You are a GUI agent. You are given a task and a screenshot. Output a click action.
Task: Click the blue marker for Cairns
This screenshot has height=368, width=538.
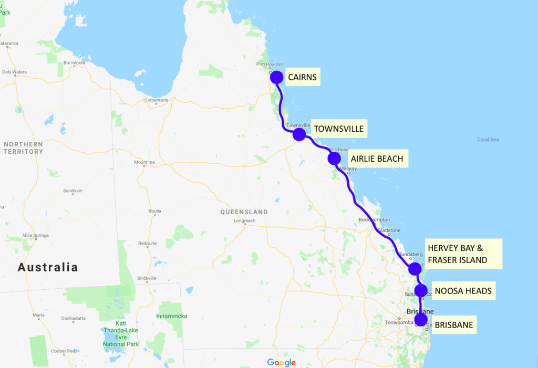pos(276,77)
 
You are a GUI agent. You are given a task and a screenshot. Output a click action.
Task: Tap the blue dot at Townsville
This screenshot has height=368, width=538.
pos(299,134)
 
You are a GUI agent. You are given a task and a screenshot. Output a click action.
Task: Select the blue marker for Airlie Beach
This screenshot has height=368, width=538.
pos(334,158)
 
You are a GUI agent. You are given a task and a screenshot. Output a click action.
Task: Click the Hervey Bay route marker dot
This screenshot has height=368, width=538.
pos(415,269)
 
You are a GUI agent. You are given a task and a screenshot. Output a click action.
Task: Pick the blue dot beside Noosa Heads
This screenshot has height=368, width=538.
pos(420,290)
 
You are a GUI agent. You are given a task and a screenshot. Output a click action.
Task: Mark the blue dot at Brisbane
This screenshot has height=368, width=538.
pos(421,319)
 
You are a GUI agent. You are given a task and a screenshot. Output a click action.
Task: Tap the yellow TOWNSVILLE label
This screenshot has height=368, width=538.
pos(338,129)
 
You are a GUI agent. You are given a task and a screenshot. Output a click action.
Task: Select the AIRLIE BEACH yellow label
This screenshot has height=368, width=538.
pos(377,159)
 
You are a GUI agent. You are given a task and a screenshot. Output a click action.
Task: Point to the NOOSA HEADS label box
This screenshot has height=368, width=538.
pos(463,291)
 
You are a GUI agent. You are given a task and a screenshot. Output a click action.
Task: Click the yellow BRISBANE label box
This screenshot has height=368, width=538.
pos(453,325)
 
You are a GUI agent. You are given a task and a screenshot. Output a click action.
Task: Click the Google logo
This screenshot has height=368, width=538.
pos(281,362)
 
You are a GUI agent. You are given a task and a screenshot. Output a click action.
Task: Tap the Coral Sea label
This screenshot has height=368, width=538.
pos(488,140)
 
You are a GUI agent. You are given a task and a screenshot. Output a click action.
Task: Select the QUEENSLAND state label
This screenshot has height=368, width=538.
pos(244,212)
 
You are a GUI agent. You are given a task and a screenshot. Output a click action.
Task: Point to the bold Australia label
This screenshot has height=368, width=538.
pos(48,267)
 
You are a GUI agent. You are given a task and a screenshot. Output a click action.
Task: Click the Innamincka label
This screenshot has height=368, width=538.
pos(171,316)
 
